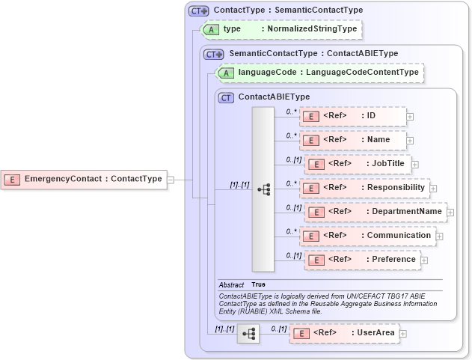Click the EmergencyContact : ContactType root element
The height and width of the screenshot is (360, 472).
[85, 180]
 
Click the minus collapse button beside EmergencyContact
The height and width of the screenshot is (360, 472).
[171, 180]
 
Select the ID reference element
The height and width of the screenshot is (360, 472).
[352, 116]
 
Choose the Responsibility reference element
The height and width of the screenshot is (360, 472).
[364, 188]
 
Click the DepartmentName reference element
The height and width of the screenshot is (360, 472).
[375, 212]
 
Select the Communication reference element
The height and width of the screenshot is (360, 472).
[367, 236]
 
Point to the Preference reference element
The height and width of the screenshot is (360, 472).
[362, 260]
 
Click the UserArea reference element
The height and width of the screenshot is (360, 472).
[343, 333]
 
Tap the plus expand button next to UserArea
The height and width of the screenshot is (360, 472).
[402, 334]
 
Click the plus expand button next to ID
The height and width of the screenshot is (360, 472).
[410, 117]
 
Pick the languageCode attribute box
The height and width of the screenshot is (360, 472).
[320, 73]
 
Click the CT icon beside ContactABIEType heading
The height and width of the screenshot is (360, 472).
[225, 97]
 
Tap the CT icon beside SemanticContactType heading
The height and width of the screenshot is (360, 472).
[215, 54]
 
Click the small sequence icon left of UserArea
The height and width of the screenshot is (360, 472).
[248, 333]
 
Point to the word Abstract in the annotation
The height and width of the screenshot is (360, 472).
[231, 285]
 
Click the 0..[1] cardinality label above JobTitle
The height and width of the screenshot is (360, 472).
[293, 159]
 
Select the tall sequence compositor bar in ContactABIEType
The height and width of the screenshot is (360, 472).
[263, 189]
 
